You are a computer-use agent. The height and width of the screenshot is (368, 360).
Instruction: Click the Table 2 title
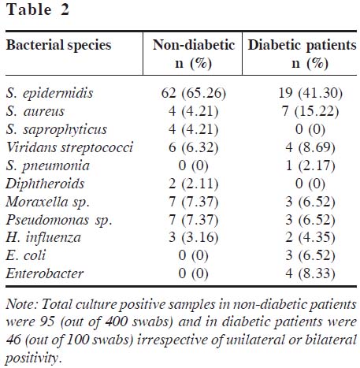(x=38, y=9)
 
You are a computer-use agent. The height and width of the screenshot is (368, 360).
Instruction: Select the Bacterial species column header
(x=59, y=45)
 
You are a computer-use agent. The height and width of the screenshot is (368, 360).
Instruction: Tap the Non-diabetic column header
(x=194, y=54)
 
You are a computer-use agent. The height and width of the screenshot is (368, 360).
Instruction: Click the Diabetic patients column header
(x=302, y=54)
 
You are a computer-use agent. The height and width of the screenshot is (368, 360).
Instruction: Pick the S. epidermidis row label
(x=50, y=94)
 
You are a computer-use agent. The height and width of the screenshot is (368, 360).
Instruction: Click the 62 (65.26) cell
(x=194, y=94)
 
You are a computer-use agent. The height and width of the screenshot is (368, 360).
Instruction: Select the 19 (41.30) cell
(x=310, y=94)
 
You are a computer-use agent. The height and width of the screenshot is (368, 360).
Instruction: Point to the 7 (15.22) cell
(x=310, y=111)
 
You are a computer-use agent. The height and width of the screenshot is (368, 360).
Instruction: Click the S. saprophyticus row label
(x=57, y=130)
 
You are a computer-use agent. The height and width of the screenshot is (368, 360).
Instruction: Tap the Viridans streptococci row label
(x=69, y=147)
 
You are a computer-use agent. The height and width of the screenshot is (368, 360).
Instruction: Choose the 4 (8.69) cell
(x=310, y=147)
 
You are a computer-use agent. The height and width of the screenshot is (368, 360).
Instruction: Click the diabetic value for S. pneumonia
(x=310, y=165)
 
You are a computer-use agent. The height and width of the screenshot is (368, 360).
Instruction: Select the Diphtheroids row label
(x=45, y=184)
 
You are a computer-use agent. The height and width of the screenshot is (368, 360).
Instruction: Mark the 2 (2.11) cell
(x=194, y=184)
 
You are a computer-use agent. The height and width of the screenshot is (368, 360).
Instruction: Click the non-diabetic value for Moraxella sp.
(x=194, y=202)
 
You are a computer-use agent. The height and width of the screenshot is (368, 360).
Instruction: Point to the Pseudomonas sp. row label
(x=59, y=220)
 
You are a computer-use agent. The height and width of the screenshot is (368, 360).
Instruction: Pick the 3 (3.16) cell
(x=194, y=238)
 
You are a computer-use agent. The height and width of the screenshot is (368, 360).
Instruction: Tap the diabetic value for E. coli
(x=310, y=255)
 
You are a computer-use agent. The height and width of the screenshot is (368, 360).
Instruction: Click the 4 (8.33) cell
(x=310, y=273)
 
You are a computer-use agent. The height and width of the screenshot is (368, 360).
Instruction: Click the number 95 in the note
(x=47, y=322)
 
